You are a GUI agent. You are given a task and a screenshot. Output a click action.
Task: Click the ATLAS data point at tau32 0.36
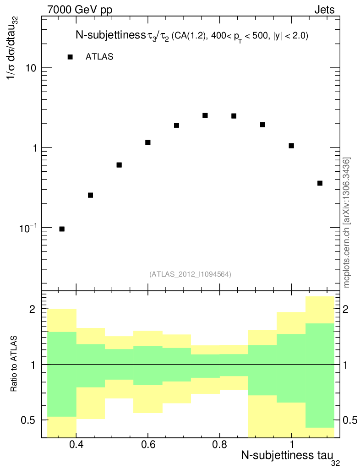62,229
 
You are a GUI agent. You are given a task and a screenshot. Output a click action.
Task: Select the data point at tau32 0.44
90,195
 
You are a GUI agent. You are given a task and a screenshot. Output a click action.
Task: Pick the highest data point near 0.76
205,115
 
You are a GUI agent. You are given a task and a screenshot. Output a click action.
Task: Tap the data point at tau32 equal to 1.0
291,146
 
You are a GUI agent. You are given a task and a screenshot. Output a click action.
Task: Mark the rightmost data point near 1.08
320,183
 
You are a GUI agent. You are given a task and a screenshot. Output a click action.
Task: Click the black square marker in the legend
70,57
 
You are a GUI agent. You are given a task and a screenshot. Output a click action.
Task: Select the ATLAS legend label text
99,57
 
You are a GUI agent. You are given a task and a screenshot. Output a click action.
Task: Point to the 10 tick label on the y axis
31,68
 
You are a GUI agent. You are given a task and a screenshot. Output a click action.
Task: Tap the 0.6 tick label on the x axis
148,446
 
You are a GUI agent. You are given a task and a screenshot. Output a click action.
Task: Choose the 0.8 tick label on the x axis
220,446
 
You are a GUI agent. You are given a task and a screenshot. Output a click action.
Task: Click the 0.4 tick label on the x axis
76,446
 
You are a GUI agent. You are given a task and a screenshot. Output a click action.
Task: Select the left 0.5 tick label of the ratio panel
30,420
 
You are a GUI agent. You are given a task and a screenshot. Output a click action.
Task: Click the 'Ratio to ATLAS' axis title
14,364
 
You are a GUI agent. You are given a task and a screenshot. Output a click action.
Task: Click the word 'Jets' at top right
324,10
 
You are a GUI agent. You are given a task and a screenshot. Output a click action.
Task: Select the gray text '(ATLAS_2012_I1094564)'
190,274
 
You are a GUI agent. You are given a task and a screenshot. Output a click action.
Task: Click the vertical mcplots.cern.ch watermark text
347,223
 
